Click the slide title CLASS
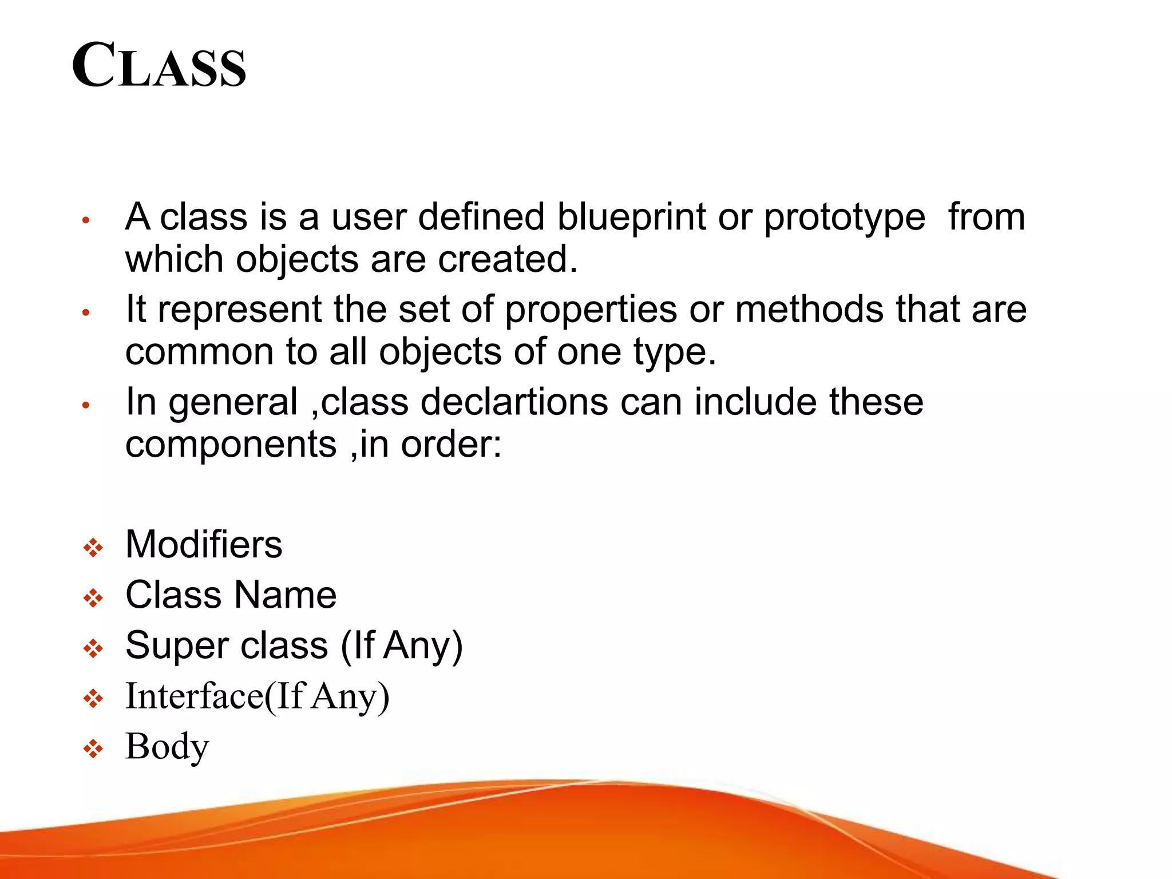(159, 66)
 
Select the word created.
(507, 259)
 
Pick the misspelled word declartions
(514, 402)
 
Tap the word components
(231, 445)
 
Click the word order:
(451, 445)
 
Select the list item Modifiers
(204, 544)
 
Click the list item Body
(167, 747)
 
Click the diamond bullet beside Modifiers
(93, 548)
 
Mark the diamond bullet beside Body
(93, 749)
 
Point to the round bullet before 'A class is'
(86, 220)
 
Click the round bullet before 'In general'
(86, 405)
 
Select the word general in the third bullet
(233, 403)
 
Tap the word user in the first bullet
(368, 217)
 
